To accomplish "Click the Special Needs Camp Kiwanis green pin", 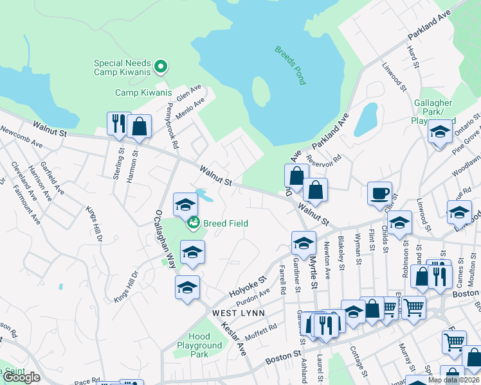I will (x=161, y=65).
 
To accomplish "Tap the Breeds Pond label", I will (x=290, y=65).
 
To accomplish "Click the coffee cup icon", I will (x=379, y=193).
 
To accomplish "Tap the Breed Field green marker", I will (x=193, y=223).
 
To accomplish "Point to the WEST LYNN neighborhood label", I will (x=235, y=312).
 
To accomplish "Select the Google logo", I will (x=21, y=377).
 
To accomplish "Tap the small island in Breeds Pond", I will (x=260, y=92).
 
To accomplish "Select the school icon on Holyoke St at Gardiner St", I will (x=304, y=243).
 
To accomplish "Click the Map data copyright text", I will (x=453, y=380).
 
